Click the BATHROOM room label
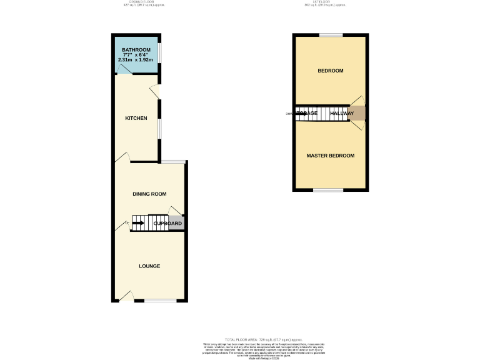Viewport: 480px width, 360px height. point(136,49)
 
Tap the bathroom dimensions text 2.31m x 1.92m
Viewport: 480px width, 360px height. point(136,60)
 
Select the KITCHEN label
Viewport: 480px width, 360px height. point(136,118)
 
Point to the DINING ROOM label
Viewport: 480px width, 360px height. point(149,194)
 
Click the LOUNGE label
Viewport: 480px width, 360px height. point(149,266)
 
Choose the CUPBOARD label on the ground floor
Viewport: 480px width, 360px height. point(167,223)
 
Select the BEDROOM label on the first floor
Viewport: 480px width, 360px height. point(331,71)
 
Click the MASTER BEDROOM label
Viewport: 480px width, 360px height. point(331,156)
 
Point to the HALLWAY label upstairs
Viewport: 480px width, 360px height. point(342,113)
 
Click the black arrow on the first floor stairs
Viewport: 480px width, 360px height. point(301,113)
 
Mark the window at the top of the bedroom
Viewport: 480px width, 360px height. point(331,34)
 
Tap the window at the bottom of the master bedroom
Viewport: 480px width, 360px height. point(328,190)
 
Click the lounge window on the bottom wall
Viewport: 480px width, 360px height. point(160,301)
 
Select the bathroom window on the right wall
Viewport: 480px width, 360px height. point(159,52)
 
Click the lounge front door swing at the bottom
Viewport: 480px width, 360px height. point(127,296)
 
